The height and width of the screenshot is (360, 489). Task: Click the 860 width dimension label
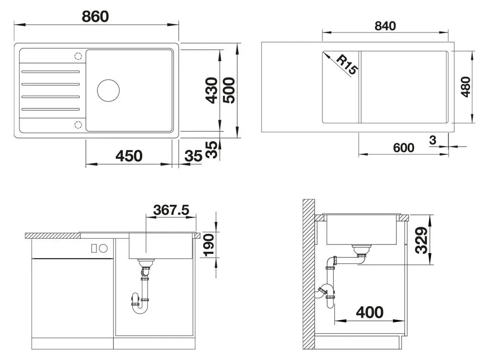pos(95,17)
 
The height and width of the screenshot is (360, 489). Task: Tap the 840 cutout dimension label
pos(385,26)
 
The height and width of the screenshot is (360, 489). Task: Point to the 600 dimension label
pos(404,148)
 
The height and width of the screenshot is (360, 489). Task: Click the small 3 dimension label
pos(433,140)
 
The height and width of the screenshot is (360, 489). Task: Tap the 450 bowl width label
pos(129,156)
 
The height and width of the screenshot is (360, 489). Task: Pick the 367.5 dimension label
pos(171,210)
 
